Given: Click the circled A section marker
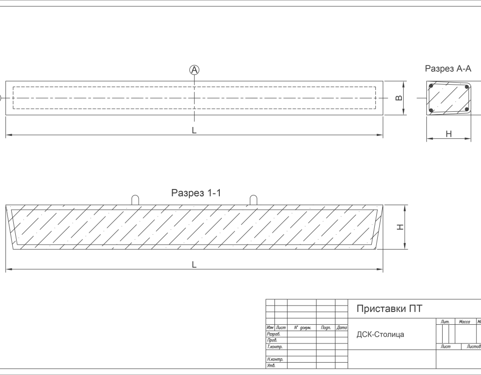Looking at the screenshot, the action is tap(194, 70).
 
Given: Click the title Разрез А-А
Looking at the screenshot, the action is tap(448, 68).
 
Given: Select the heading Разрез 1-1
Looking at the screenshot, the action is tap(196, 193).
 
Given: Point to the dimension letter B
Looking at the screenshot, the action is tap(399, 98).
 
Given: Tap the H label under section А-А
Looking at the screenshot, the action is tap(449, 134).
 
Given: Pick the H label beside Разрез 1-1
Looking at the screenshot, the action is tap(400, 227).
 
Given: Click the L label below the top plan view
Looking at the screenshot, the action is tap(194, 130).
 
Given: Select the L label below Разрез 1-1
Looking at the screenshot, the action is tap(194, 265).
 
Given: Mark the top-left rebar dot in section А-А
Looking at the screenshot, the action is tap(431, 86).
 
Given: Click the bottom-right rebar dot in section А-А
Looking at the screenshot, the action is tap(467, 109).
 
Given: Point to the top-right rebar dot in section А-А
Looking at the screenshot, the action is tap(467, 87).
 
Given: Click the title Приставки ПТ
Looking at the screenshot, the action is tap(390, 309).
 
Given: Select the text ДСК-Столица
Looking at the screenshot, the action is tap(380, 334).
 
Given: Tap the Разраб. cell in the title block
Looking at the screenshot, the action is tap(273, 334).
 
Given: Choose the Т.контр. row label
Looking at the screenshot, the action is tap(275, 347).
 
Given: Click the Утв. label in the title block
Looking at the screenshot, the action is tap(271, 366).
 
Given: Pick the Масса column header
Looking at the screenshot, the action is tap(464, 321).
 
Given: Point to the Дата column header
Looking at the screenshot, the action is tap(341, 327).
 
